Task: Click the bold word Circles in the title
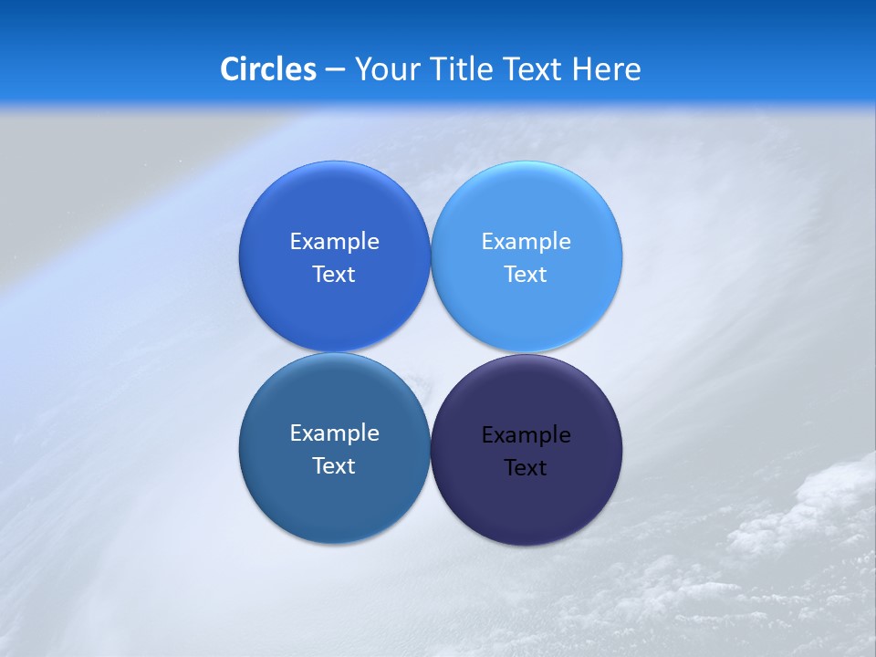267,69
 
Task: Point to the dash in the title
335,70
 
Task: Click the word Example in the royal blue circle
334,242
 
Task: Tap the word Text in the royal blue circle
334,275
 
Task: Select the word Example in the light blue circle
526,242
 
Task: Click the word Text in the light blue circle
526,275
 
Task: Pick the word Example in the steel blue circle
334,433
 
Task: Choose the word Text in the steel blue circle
334,466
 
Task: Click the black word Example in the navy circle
526,435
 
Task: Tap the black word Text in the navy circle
526,468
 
